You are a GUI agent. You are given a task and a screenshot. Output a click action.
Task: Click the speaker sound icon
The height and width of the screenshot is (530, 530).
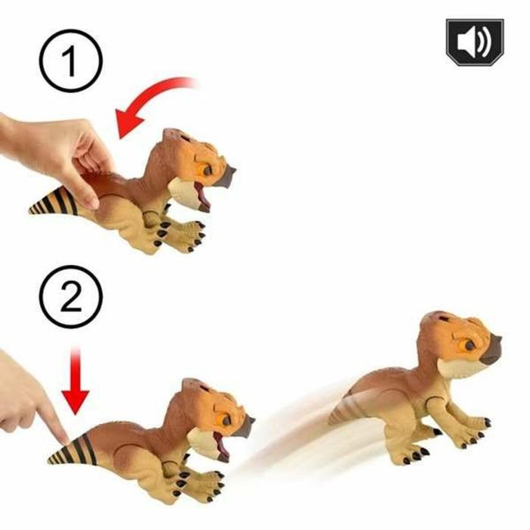474,42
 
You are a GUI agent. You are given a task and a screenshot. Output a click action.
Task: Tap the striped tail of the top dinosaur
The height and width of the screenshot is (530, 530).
57,202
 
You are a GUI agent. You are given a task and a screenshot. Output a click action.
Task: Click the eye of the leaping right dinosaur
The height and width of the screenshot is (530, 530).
469,345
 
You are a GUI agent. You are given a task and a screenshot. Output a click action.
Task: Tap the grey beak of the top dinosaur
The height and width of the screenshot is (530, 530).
226,175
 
